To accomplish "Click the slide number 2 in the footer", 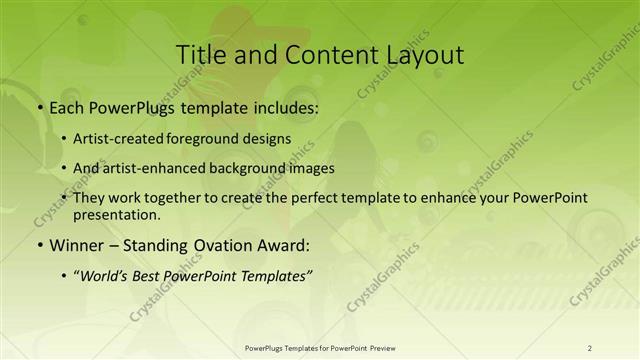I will click(x=590, y=348).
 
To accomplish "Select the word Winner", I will click(x=76, y=245).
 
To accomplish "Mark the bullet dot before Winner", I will click(x=39, y=245).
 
